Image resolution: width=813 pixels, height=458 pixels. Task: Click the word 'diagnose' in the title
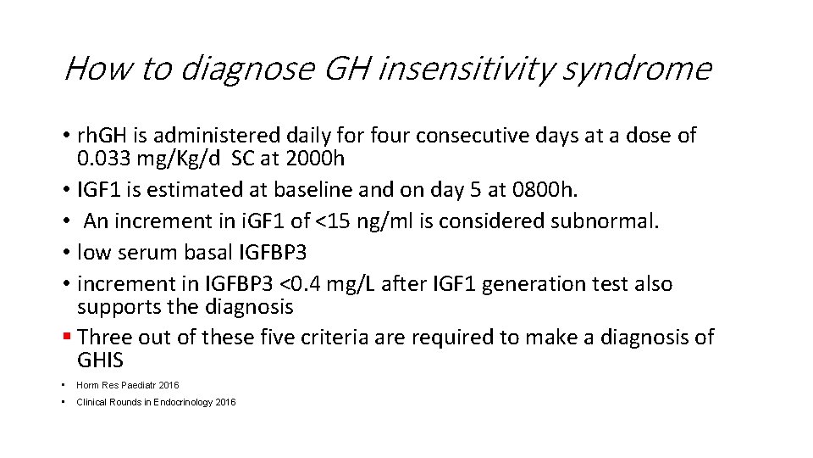click(x=248, y=69)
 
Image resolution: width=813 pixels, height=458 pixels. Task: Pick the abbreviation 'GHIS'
click(x=100, y=360)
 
